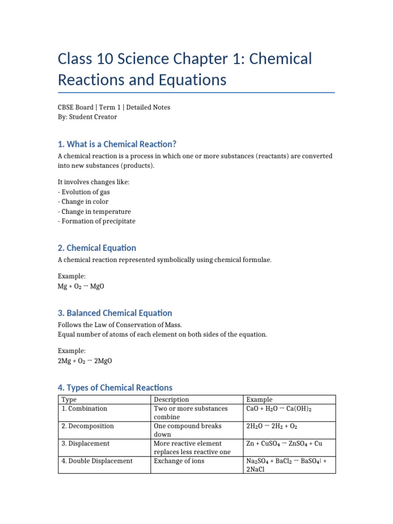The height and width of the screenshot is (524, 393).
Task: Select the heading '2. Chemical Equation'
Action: pos(97,248)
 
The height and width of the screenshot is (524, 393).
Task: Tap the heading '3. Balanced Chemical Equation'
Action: pos(115,313)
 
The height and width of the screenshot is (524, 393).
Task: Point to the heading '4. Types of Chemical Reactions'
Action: pos(115,387)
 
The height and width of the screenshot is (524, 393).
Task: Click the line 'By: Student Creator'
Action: pos(88,117)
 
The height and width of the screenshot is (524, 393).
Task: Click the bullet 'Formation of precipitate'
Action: pos(97,221)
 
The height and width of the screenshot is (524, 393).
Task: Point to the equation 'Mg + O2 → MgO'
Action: pos(81,286)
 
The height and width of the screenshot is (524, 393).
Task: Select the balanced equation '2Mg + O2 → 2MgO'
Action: pos(85,361)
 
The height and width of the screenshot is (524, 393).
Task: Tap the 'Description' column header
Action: pos(171,399)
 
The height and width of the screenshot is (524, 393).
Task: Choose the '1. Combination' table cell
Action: pos(84,408)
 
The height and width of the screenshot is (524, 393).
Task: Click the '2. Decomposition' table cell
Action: pos(88,426)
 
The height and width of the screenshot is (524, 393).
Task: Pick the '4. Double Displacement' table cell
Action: pos(97,461)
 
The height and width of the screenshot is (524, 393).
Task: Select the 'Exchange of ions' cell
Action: pos(179,461)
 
